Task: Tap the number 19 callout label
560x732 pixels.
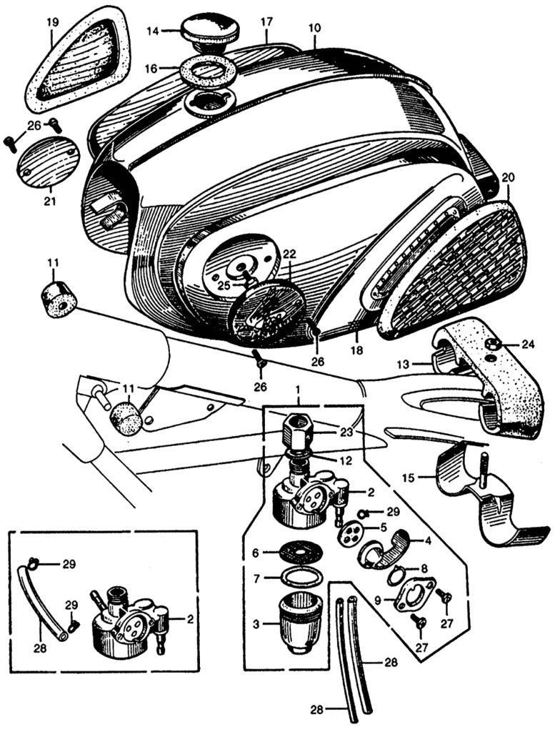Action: [x=52, y=22]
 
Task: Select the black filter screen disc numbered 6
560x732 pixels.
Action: [x=294, y=553]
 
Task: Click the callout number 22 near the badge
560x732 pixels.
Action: [x=289, y=254]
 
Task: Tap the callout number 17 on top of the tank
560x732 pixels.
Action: [x=266, y=22]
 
